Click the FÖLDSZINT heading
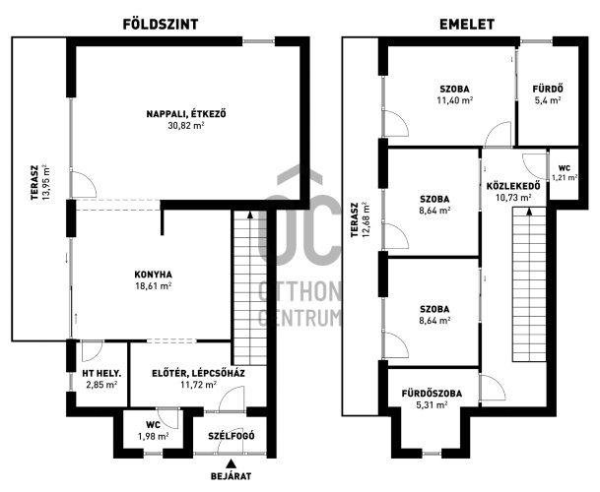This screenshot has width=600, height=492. click(161, 25)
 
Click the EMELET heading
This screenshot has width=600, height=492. click(467, 25)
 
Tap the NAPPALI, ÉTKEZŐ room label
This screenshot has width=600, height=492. click(186, 114)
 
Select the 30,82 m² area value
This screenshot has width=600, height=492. click(186, 125)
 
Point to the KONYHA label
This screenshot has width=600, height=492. click(153, 275)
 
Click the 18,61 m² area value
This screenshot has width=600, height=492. click(153, 285)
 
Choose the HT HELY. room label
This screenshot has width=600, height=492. click(101, 374)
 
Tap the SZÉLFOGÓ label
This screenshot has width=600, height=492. click(232, 436)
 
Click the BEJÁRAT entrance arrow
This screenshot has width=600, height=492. click(231, 463)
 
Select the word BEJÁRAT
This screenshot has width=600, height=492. click(232, 476)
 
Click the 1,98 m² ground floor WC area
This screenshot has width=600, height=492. click(153, 436)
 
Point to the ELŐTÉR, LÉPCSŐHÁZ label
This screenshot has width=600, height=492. click(199, 374)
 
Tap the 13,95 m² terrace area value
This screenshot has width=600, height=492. click(46, 182)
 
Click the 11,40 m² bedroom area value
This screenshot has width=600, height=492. click(454, 100)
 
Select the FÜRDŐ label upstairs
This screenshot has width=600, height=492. click(548, 90)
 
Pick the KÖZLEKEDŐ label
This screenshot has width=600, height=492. click(513, 186)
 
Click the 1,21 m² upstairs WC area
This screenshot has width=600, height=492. click(565, 177)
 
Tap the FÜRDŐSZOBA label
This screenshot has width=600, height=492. click(432, 394)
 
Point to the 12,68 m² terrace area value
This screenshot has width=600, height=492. click(366, 219)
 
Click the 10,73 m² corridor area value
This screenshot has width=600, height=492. click(513, 198)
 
